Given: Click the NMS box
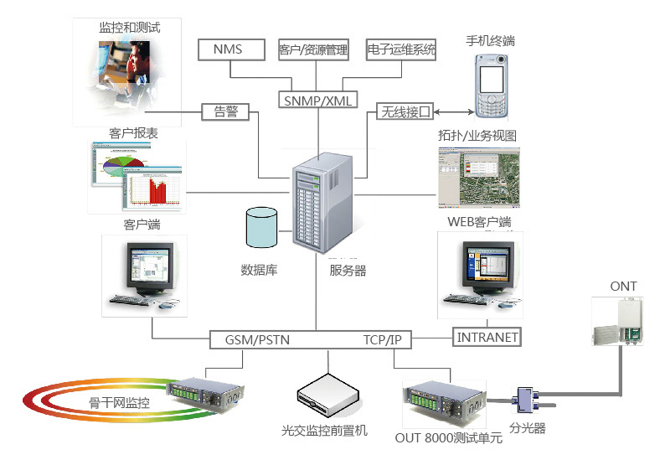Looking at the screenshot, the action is coord(231,49).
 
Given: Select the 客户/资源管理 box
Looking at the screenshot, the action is coord(313,49).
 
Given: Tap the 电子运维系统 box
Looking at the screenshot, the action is coord(401,49).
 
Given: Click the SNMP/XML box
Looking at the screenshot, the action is coord(317,101).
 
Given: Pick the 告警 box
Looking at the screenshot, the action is coord(225,112).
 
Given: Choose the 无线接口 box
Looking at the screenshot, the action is coord(405,111).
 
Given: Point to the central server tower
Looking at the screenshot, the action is coord(322,203).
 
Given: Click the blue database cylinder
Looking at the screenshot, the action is coord(261,227).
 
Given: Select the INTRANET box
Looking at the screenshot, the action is coord(487,337).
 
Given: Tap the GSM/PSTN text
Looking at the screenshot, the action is coord(257,340).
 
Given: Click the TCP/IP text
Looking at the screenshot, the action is coord(382,340).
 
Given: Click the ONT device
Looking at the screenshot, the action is coord(618,321).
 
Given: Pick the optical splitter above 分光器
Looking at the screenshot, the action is coord(525,400).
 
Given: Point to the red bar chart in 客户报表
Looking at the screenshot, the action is coord(157,191).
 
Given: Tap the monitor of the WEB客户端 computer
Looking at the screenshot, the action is coord(488,266).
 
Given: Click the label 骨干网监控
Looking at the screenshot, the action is coord(119,402).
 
